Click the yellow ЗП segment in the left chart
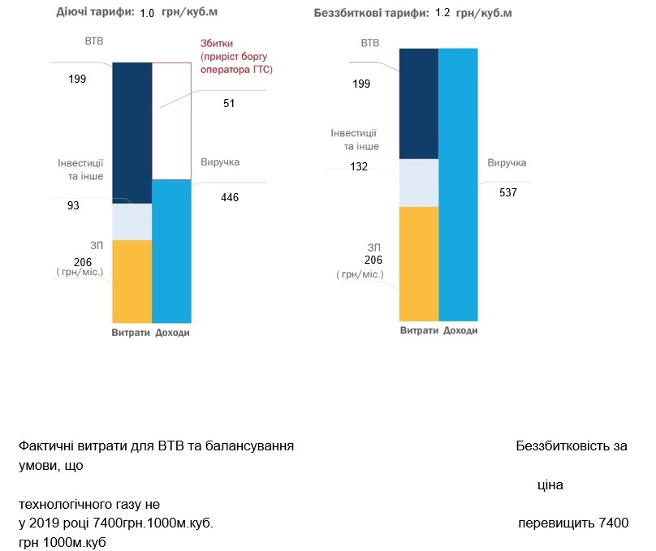132,281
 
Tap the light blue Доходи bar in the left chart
171,252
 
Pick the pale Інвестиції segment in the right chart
419,182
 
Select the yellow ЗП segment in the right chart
419,264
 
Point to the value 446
230,197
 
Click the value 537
509,192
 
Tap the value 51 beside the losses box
230,103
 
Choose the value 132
359,166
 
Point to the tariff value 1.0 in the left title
147,13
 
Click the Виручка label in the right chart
507,163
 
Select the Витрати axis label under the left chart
130,334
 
